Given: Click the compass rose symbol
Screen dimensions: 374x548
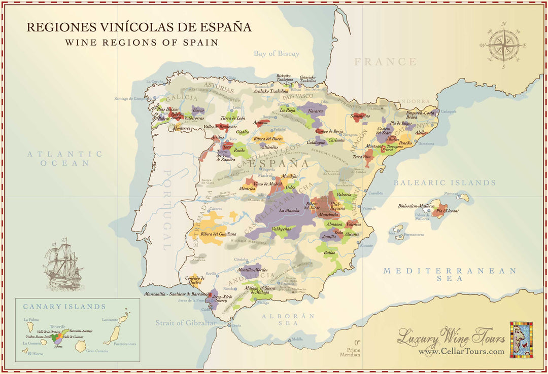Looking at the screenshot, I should (503, 45).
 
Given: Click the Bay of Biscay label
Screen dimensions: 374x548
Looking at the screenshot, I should (277, 53).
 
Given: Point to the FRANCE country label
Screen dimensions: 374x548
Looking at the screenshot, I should (385, 62).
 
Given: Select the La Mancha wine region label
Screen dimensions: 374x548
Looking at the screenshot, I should (289, 210).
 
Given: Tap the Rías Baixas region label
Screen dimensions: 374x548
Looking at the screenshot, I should (168, 109).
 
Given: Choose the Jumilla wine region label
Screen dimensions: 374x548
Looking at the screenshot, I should (329, 236).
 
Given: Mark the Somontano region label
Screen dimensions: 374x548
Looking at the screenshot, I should (360, 116).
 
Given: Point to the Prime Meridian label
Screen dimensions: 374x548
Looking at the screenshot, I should (353, 352).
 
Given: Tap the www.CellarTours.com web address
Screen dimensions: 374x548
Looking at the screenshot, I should (461, 351).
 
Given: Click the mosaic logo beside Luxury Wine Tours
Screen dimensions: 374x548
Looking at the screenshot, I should (521, 340).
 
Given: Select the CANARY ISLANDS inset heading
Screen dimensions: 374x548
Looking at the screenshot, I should (64, 307).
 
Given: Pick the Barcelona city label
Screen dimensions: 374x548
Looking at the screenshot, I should (426, 143).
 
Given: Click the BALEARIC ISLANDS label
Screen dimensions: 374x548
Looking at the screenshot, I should (444, 182).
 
